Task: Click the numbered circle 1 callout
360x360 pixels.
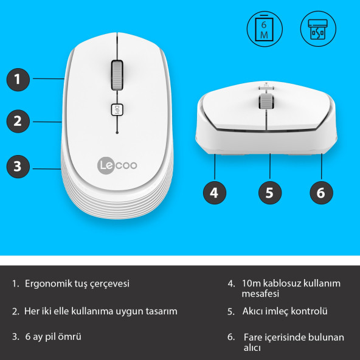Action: (18, 78)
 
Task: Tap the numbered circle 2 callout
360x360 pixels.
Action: (18, 120)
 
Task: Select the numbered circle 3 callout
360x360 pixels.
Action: (18, 165)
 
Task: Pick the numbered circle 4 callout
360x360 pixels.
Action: (213, 193)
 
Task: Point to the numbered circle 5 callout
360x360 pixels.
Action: (270, 193)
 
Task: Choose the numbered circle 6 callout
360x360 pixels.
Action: (321, 193)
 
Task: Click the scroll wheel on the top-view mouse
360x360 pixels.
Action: (116, 74)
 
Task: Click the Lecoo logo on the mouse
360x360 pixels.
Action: (116, 164)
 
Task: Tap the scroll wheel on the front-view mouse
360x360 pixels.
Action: (266, 101)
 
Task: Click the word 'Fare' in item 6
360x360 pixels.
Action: (253, 337)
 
